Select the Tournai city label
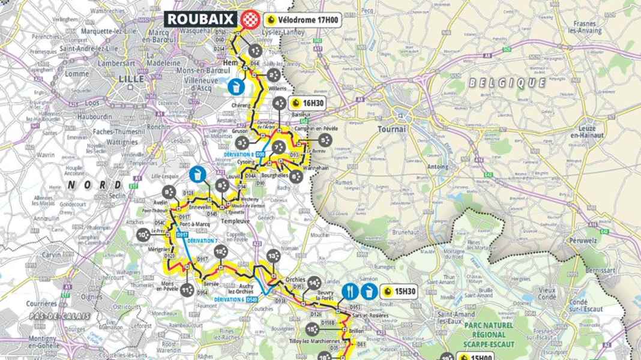(x=393, y=129)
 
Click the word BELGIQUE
(x=507, y=82)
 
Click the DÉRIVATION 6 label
(x=243, y=299)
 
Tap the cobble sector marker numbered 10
(x=143, y=235)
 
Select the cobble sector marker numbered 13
(x=274, y=256)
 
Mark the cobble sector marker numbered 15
(x=311, y=329)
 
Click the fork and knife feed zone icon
(x=350, y=292)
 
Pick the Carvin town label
(x=51, y=254)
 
